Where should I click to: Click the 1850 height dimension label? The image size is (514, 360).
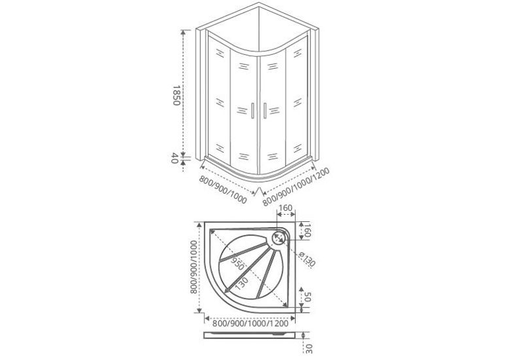coord(176,96)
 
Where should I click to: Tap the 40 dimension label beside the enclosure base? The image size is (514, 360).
coord(175,158)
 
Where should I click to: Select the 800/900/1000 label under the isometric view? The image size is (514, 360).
coord(223,189)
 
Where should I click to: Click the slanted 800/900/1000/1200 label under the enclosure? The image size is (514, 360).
coord(296,187)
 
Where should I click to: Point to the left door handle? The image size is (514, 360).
coord(252,111)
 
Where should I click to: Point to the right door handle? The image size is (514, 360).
coord(265,111)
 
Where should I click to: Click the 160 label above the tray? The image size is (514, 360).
coord(286,208)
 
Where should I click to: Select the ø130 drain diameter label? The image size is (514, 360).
coord(307,259)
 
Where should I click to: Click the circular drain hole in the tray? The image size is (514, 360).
coord(279,237)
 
